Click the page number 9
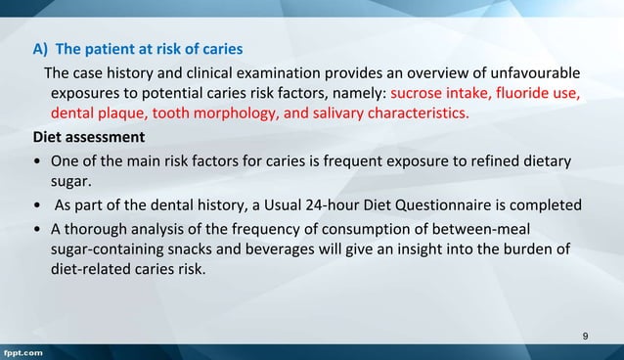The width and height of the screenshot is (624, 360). tap(585, 337)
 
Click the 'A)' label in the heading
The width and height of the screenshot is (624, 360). tap(41, 48)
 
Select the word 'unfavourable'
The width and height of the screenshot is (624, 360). tap(537, 73)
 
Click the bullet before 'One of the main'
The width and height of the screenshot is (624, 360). tap(36, 160)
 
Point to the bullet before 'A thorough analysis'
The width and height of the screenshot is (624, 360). tap(36, 228)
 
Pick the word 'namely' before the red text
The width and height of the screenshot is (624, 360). tap(359, 94)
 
